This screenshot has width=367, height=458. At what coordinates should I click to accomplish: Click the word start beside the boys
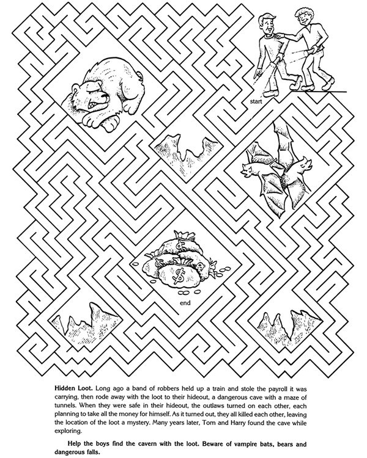coord(256,103)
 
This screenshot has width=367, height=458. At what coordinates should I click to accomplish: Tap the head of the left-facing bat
coord(248,168)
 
